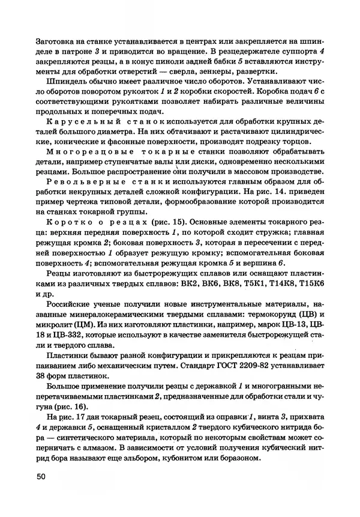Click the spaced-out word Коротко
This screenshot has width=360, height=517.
pyautogui.click(x=63, y=220)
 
